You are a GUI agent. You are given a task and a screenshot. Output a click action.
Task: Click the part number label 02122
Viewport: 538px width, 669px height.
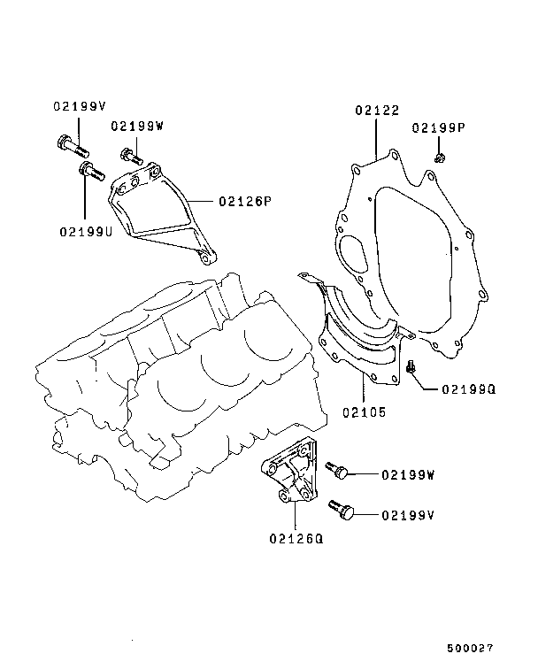pyautogui.click(x=378, y=111)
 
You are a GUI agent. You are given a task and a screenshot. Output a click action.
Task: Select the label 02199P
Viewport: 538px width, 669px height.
pyautogui.click(x=438, y=128)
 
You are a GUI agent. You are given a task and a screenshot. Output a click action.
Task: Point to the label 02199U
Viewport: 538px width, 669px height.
pyautogui.click(x=86, y=232)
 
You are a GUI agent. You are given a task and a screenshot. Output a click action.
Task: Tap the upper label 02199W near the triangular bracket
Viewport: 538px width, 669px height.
pyautogui.click(x=138, y=127)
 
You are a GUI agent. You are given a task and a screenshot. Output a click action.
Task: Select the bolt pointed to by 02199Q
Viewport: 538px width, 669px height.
pyautogui.click(x=410, y=367)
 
